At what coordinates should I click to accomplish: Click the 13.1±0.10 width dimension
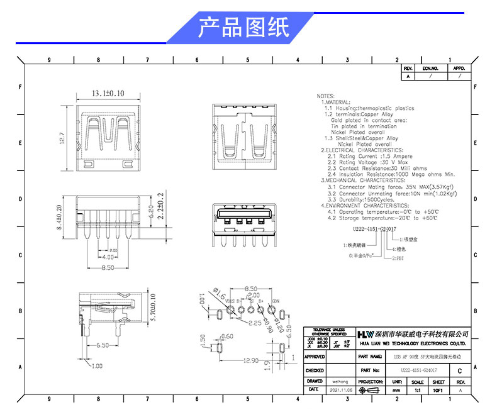(x=108, y=93)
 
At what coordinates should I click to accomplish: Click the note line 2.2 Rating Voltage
(x=363, y=162)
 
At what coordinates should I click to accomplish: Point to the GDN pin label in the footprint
(x=276, y=301)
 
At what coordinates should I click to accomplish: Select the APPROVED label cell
(x=314, y=356)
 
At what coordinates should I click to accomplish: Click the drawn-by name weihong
(x=340, y=381)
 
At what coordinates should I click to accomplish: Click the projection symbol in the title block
(x=371, y=391)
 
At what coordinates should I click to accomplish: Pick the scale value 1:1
(x=416, y=391)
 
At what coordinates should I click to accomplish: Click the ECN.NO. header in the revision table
(x=430, y=67)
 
